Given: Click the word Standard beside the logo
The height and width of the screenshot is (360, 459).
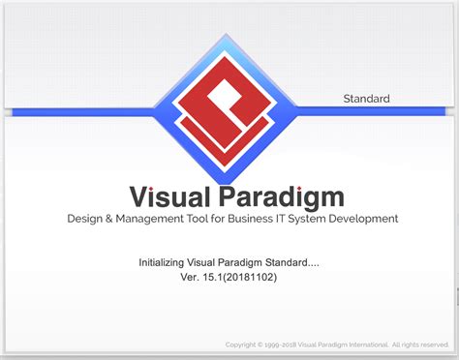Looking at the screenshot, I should [x=366, y=98].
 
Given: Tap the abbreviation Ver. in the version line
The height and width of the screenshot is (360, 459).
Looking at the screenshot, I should [x=190, y=277].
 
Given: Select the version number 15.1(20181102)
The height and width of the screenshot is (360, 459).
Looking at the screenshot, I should [x=244, y=277].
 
